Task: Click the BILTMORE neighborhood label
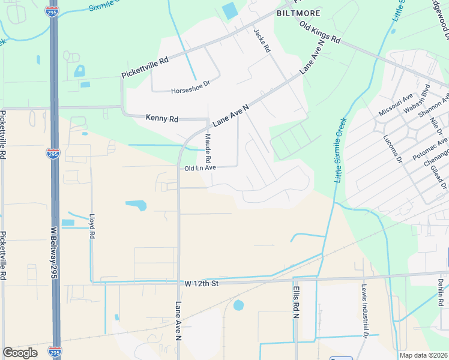tap(298, 13)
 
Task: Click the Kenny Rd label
tap(162, 119)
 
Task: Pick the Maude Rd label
tap(208, 149)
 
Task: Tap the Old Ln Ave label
tap(200, 168)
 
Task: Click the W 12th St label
tap(200, 283)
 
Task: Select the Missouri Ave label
tap(396, 105)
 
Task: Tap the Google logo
tap(20, 353)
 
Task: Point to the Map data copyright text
tap(423, 355)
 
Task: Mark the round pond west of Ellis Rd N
tap(238, 305)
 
